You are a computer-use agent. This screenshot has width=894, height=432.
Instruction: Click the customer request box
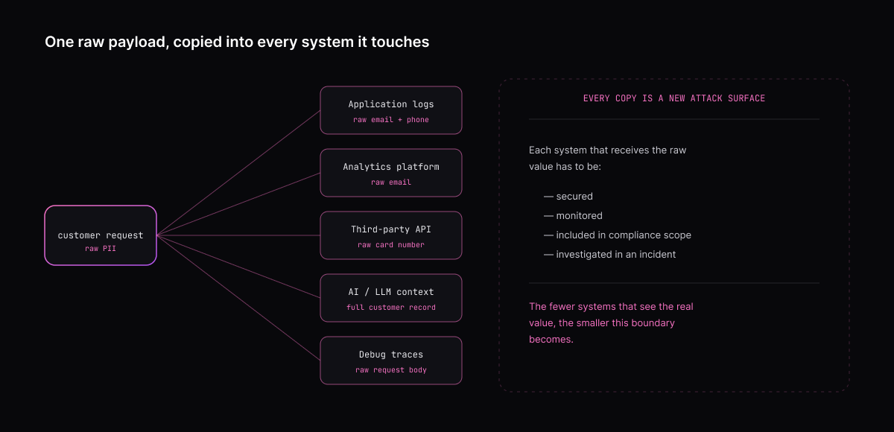click(x=101, y=235)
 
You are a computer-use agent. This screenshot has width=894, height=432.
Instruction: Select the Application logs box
click(x=391, y=110)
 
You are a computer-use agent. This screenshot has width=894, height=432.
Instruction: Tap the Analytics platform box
click(x=391, y=173)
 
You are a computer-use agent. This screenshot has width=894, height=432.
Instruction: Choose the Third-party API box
click(x=391, y=235)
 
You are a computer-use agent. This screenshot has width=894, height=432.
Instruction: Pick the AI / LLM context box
click(x=391, y=298)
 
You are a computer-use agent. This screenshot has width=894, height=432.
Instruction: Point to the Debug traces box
click(x=391, y=360)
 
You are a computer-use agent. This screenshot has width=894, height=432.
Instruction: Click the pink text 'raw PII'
click(x=101, y=249)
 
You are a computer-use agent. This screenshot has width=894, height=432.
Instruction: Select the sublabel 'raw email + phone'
click(x=391, y=120)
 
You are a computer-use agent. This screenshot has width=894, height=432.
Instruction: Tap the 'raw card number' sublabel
click(x=391, y=245)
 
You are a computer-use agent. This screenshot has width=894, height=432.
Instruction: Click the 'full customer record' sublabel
click(x=391, y=308)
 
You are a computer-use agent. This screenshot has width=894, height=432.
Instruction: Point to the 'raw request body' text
click(x=391, y=370)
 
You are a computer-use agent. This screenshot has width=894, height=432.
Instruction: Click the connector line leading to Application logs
click(x=238, y=173)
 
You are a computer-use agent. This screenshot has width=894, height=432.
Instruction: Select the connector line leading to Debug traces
click(x=238, y=298)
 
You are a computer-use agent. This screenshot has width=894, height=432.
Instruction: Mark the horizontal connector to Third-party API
click(x=238, y=235)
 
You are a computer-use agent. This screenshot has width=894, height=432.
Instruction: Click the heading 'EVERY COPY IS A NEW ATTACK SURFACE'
click(x=674, y=98)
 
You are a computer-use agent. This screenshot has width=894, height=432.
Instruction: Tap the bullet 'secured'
click(x=574, y=196)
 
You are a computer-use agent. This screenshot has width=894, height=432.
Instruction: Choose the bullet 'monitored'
click(x=579, y=216)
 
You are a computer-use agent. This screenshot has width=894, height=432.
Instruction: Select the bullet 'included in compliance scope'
click(x=624, y=235)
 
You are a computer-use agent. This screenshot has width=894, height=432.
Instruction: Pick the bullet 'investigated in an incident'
click(x=616, y=255)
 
